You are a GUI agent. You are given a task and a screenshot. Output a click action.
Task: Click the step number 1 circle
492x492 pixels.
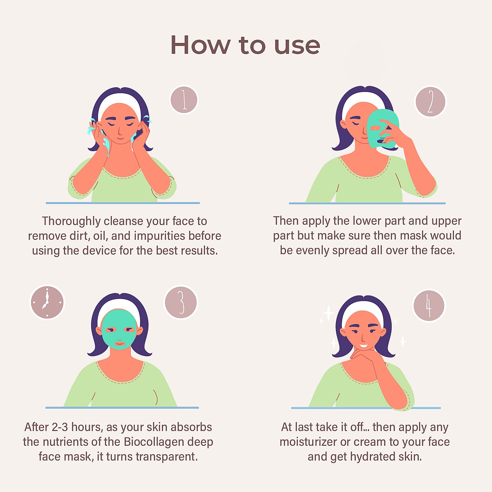[x=184, y=100]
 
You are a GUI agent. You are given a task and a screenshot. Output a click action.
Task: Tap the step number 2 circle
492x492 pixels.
[x=431, y=102]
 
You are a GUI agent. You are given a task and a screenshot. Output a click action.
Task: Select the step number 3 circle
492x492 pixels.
[x=181, y=302]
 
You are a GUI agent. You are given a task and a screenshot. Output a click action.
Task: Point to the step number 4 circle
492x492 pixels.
[x=429, y=306]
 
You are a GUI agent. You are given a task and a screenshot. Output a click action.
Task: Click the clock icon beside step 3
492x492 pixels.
[x=47, y=302]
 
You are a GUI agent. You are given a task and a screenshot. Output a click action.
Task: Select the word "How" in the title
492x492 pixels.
[x=200, y=45]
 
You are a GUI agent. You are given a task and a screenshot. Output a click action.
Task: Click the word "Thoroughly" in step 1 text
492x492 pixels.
[x=71, y=221]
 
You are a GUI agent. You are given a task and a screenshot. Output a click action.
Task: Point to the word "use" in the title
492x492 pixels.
[x=297, y=46]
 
